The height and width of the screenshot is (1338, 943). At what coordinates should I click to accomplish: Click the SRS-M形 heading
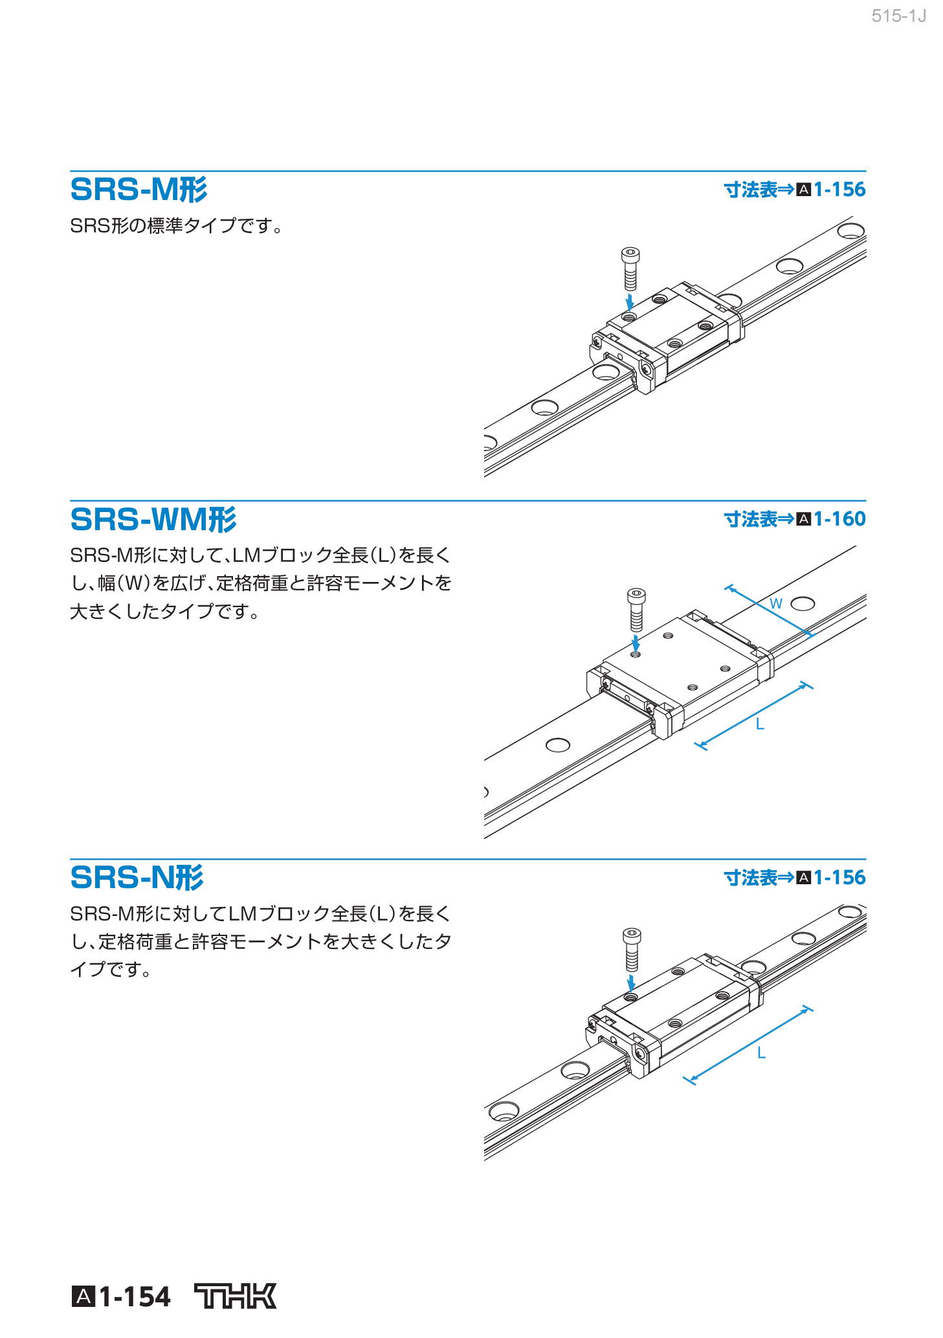(139, 190)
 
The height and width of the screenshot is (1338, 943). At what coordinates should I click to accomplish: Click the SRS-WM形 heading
(153, 519)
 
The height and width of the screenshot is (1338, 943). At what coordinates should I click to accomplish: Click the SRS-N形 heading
(137, 878)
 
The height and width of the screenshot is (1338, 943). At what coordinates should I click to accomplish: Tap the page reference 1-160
(839, 519)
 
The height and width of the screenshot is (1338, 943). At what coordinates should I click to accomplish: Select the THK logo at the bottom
(236, 1296)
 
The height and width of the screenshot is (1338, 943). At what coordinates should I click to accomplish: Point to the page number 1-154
(135, 1297)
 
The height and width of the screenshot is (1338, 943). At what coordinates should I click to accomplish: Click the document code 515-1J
(898, 16)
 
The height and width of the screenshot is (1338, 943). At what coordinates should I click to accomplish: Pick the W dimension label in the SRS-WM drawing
(776, 604)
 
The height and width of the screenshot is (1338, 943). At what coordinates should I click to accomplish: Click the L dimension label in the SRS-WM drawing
(760, 724)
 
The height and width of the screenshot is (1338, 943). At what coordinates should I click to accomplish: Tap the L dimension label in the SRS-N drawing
(761, 1053)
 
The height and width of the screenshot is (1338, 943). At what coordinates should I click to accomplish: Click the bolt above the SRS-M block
(630, 269)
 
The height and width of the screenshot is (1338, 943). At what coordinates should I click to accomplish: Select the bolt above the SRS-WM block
(636, 609)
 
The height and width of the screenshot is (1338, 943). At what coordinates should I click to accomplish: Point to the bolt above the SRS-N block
(632, 949)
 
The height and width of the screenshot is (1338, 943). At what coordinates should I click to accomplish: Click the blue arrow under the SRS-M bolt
(629, 302)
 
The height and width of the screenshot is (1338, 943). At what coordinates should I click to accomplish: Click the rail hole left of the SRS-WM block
(557, 745)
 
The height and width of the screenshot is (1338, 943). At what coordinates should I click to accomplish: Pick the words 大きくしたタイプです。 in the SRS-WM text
(165, 611)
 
